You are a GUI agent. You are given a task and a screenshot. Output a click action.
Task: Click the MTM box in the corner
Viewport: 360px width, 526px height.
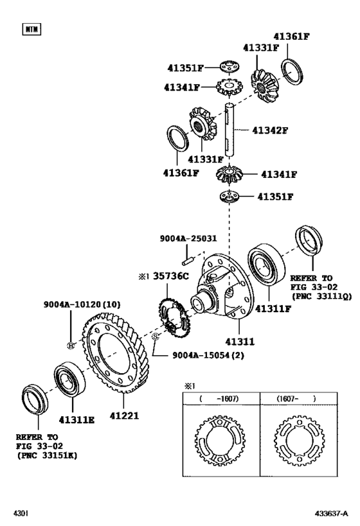tap(31, 29)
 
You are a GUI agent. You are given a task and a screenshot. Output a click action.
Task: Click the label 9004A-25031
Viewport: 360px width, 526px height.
tap(188, 238)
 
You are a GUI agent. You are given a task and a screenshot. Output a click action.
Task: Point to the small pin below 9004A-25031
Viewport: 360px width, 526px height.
tap(188, 261)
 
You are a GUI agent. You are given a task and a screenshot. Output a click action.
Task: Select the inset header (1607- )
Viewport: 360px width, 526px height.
tap(296, 398)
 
